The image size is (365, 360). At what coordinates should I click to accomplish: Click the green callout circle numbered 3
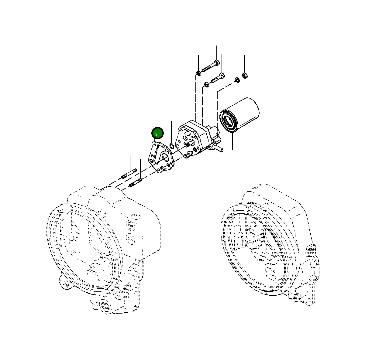[x=157, y=133]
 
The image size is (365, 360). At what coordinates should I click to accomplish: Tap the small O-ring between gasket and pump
[x=172, y=146]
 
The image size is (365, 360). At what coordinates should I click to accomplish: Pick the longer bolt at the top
[x=211, y=66]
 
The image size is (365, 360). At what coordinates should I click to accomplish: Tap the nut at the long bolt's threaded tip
[x=198, y=73]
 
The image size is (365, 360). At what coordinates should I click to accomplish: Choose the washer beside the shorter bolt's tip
[x=206, y=84]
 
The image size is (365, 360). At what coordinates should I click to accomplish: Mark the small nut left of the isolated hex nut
[x=236, y=80]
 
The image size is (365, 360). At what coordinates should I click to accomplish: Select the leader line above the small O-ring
[x=172, y=131]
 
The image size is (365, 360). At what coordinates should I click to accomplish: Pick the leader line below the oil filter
[x=232, y=141]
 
